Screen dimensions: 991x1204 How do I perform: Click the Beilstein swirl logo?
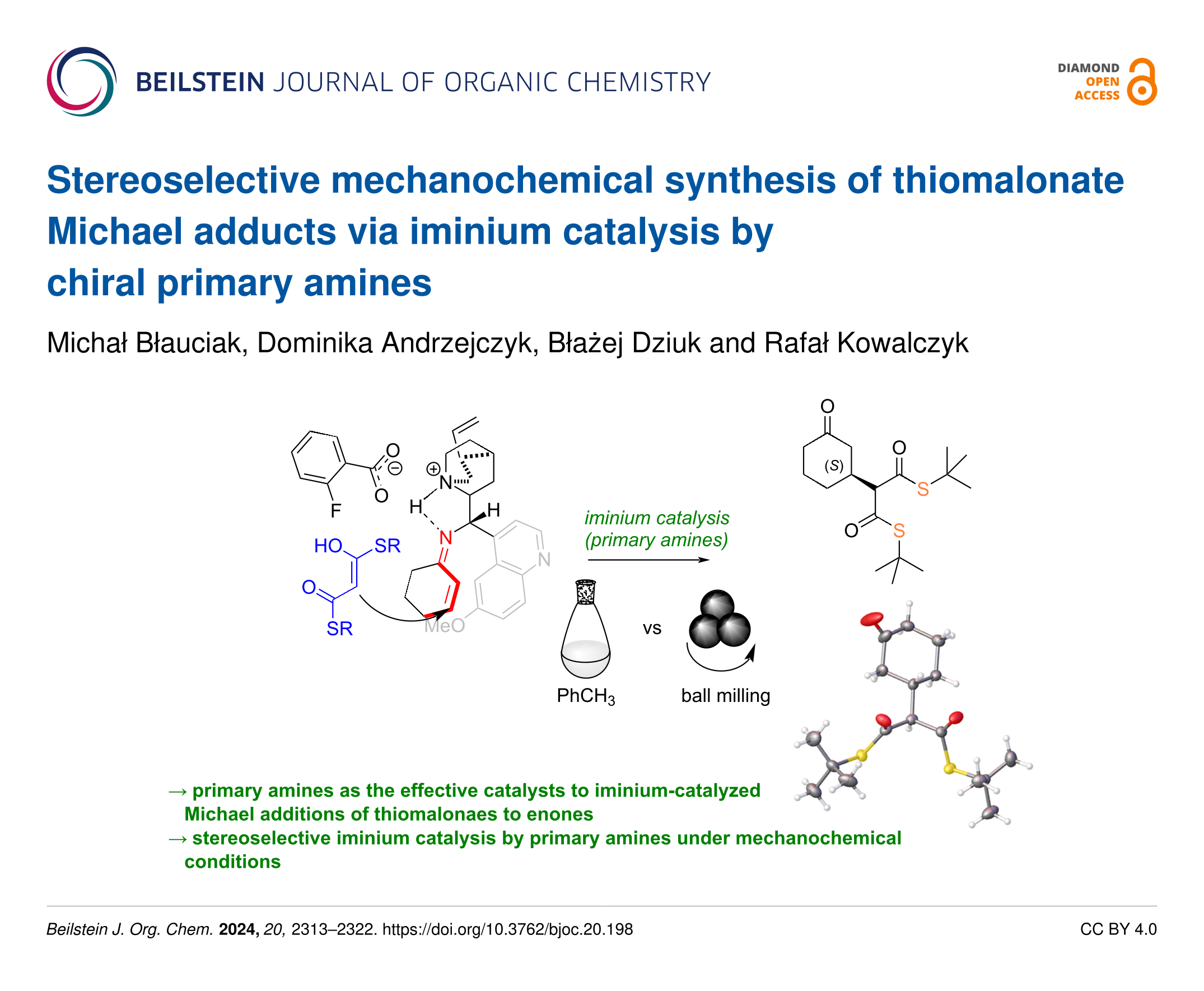[x=82, y=82]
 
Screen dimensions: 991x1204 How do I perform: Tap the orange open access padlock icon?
[x=1142, y=82]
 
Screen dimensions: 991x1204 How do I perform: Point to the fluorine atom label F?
[x=335, y=510]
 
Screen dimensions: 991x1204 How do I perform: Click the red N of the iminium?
[x=446, y=538]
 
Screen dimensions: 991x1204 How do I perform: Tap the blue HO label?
[x=328, y=546]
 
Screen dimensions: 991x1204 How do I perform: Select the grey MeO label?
[x=445, y=626]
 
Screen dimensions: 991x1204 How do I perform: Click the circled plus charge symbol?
[x=433, y=469]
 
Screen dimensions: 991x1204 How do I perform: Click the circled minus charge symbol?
[x=395, y=469]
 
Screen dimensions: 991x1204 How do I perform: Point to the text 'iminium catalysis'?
[x=656, y=518]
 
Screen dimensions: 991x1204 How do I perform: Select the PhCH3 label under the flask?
[x=585, y=696]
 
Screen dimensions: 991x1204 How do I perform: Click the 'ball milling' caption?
[x=725, y=695]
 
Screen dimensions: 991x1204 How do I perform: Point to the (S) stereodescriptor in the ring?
[x=834, y=466]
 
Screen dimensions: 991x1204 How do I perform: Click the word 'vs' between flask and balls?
[x=652, y=629]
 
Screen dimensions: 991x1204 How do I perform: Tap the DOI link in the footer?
[x=507, y=929]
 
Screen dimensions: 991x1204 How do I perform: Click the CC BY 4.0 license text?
[x=1118, y=929]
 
